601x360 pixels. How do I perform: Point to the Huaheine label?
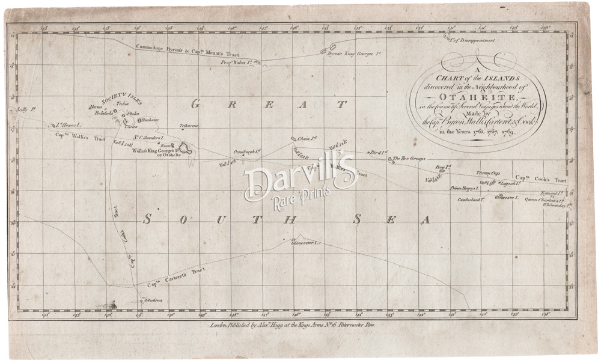point(150,120)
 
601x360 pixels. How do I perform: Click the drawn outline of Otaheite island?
point(187,148)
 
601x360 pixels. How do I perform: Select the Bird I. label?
point(378,153)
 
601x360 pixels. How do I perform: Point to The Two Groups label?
point(410,159)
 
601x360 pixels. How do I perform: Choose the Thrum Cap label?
point(489,173)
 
